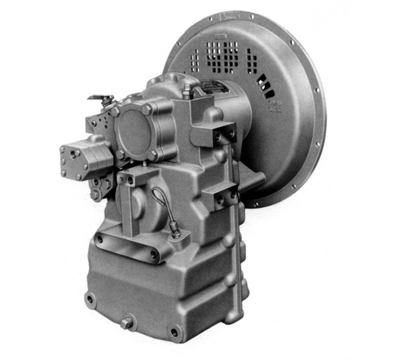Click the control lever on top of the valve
coord(100,98)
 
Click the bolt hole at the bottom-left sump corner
coord(90,299)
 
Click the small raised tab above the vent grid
coord(222,35)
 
